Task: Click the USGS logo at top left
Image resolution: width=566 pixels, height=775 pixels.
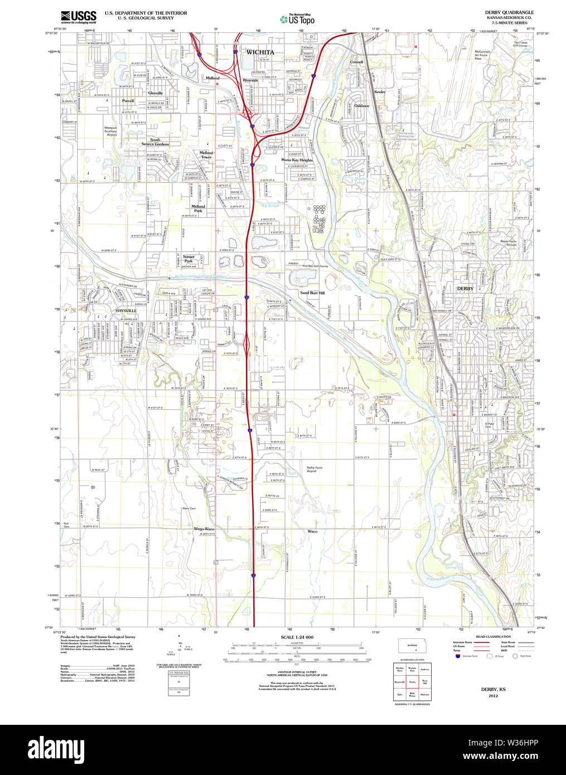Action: click(x=78, y=16)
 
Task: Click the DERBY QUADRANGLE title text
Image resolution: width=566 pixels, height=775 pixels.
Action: click(x=509, y=12)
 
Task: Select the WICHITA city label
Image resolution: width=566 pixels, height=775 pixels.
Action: click(x=260, y=52)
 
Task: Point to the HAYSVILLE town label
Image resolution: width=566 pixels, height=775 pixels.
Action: click(x=126, y=311)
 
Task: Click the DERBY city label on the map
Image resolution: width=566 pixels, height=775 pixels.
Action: click(x=465, y=289)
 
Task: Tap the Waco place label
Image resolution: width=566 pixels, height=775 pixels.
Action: click(x=313, y=531)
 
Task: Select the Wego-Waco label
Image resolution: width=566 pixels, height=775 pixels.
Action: click(x=204, y=529)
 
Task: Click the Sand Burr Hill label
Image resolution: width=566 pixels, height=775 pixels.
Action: click(x=312, y=293)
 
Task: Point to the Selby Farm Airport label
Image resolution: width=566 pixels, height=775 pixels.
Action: click(x=314, y=469)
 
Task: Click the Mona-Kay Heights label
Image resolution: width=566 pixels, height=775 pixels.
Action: click(x=297, y=160)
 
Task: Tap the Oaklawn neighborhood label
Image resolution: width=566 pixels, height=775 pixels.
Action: click(x=362, y=105)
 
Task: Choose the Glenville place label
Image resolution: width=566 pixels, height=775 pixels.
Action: click(x=156, y=93)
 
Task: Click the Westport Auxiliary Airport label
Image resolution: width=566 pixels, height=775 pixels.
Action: click(x=111, y=131)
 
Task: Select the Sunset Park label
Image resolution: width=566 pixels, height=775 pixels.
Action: click(x=188, y=259)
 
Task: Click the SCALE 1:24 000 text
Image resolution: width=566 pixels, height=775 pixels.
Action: click(x=297, y=637)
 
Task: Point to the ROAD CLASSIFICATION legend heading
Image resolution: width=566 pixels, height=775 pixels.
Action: click(x=493, y=637)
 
